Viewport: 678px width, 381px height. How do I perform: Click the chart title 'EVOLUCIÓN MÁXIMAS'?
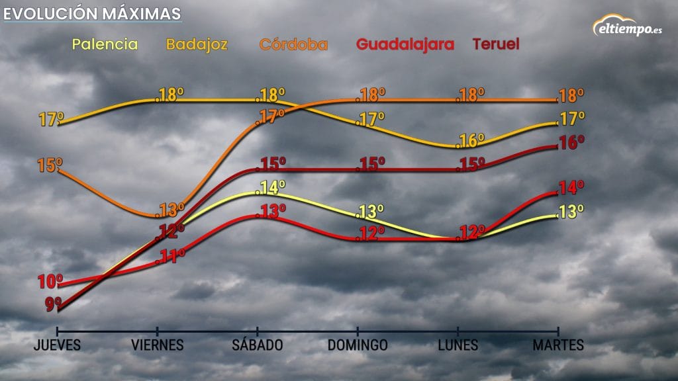(x=92, y=14)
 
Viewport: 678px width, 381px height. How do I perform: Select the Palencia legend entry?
(x=105, y=45)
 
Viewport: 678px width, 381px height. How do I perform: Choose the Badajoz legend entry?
(x=197, y=45)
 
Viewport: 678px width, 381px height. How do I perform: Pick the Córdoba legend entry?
(x=293, y=45)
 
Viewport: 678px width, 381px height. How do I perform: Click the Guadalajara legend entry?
(x=405, y=45)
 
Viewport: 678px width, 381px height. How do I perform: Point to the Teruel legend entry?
(x=495, y=45)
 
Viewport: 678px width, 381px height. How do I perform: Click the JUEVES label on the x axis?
(x=58, y=345)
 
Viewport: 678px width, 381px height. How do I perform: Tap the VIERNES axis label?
(x=157, y=345)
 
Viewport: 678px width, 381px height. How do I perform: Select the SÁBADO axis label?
(x=258, y=345)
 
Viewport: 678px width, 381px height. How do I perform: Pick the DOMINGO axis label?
(x=358, y=345)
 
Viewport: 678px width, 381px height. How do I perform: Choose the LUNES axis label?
(x=458, y=345)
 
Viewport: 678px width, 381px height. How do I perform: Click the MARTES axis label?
(x=559, y=345)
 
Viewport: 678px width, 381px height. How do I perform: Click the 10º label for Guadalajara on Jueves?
(x=50, y=282)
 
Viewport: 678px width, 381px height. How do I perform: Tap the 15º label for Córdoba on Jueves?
(x=50, y=165)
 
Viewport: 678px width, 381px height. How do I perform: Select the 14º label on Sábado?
(x=273, y=188)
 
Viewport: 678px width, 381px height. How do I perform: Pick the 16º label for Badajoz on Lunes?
(x=472, y=141)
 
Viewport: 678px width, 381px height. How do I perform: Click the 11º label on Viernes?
(x=171, y=256)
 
